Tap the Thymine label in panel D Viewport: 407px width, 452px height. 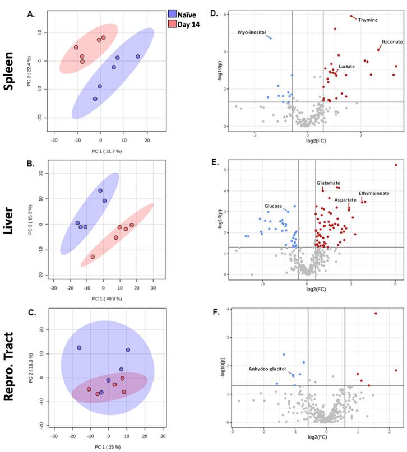[368, 20]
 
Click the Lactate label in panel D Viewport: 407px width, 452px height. [346, 67]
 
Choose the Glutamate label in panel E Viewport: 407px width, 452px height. [328, 183]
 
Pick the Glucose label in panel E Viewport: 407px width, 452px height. [273, 206]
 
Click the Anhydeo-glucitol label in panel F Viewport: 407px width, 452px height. [267, 369]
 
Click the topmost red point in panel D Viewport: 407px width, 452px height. [351, 16]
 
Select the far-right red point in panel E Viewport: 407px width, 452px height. [395, 165]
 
